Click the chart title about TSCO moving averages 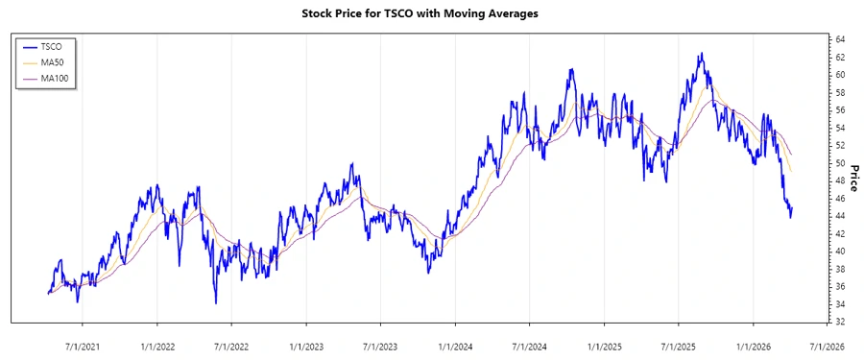point(431,14)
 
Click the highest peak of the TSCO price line point(702,54)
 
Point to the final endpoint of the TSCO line point(793,207)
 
